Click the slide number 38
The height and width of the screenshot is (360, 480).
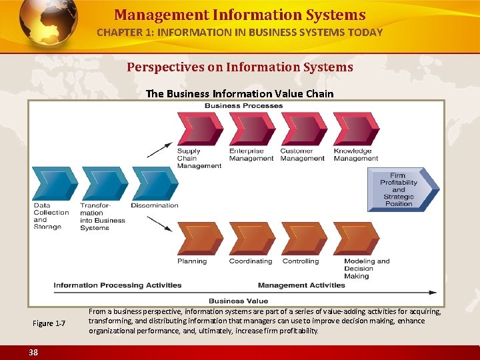33,351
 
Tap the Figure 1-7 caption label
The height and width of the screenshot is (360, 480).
49,323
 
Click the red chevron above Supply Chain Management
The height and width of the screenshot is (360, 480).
197,129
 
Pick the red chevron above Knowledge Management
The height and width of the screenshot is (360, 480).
355,129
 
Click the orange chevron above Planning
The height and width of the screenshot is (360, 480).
197,238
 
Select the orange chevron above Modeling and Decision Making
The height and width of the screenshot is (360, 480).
355,238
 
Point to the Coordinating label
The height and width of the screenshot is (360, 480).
250,261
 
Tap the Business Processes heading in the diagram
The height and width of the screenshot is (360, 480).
243,105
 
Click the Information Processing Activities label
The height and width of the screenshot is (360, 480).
117,285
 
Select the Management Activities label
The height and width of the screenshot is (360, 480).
301,285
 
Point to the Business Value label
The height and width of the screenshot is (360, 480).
238,301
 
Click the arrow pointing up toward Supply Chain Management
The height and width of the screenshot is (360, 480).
160,149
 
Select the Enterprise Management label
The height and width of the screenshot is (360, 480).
251,155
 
